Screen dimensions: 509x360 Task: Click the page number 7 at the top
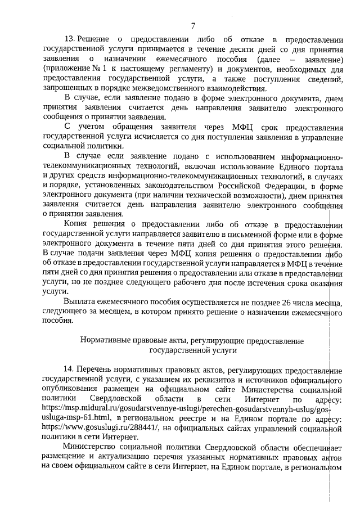coord(193,25)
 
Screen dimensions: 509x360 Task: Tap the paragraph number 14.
coord(69,370)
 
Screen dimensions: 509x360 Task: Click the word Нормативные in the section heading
coord(105,340)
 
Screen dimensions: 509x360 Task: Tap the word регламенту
coord(144,69)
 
